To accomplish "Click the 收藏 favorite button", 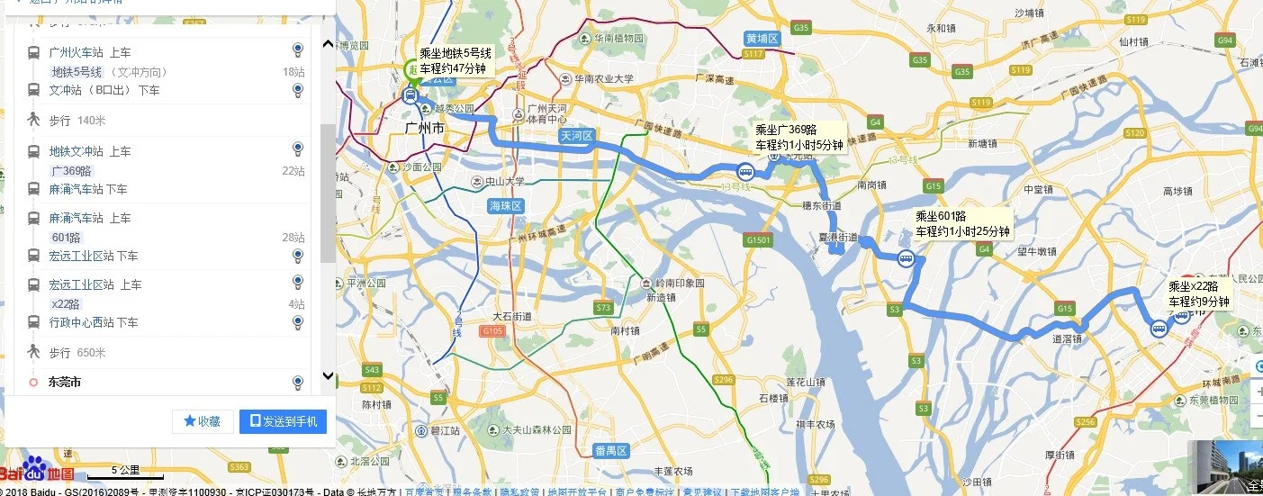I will pos(203,421).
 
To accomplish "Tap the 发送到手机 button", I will pos(283,421).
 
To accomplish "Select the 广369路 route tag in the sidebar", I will pos(71,171).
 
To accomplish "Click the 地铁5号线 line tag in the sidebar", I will pos(77,72).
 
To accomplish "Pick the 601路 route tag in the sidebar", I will pos(66,238).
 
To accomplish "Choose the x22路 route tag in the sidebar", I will pos(66,304).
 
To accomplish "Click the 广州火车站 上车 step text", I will pos(89,52).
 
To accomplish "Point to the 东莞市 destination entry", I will pos(65,383).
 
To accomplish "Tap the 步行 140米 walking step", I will pos(77,120).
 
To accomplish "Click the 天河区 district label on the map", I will pos(576,136).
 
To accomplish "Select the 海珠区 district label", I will pos(505,206).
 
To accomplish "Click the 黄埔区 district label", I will pos(762,39).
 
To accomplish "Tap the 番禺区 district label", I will pos(609,449).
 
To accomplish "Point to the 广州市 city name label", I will pos(425,129).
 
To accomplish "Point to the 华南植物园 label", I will pos(618,39).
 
